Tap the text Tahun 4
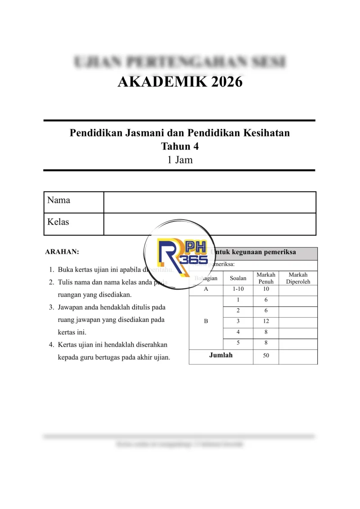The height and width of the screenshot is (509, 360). click(x=180, y=146)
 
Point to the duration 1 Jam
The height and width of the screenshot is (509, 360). click(x=180, y=159)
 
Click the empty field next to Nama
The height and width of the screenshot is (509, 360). click(x=210, y=202)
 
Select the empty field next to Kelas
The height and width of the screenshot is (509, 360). click(x=210, y=224)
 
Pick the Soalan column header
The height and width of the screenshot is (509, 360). click(x=238, y=278)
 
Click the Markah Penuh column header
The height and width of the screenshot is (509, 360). click(x=265, y=278)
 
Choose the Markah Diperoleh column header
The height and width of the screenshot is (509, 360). click(x=298, y=278)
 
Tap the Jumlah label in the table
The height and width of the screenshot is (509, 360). click(x=220, y=356)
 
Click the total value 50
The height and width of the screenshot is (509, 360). click(x=265, y=356)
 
